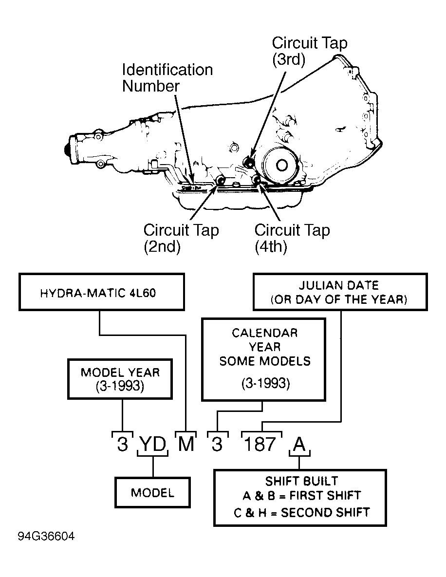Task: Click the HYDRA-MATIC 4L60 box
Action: [102, 292]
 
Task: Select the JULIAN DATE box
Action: [340, 292]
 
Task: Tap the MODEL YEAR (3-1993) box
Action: [120, 379]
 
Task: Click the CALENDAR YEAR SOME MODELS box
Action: [264, 359]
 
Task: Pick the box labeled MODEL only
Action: [152, 492]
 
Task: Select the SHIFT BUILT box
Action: [300, 498]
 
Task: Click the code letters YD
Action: [153, 444]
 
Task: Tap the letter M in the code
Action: [186, 444]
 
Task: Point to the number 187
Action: [260, 444]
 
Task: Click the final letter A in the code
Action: [299, 444]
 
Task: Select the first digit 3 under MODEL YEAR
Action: [123, 444]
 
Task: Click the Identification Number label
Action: [167, 77]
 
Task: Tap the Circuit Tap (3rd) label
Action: [310, 51]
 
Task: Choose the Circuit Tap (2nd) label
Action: [181, 238]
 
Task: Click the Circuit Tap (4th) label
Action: [292, 238]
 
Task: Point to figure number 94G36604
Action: [46, 536]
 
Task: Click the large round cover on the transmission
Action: [281, 165]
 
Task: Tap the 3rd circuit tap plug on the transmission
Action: [249, 162]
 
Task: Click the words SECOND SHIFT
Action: [325, 512]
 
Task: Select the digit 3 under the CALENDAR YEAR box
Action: [217, 444]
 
